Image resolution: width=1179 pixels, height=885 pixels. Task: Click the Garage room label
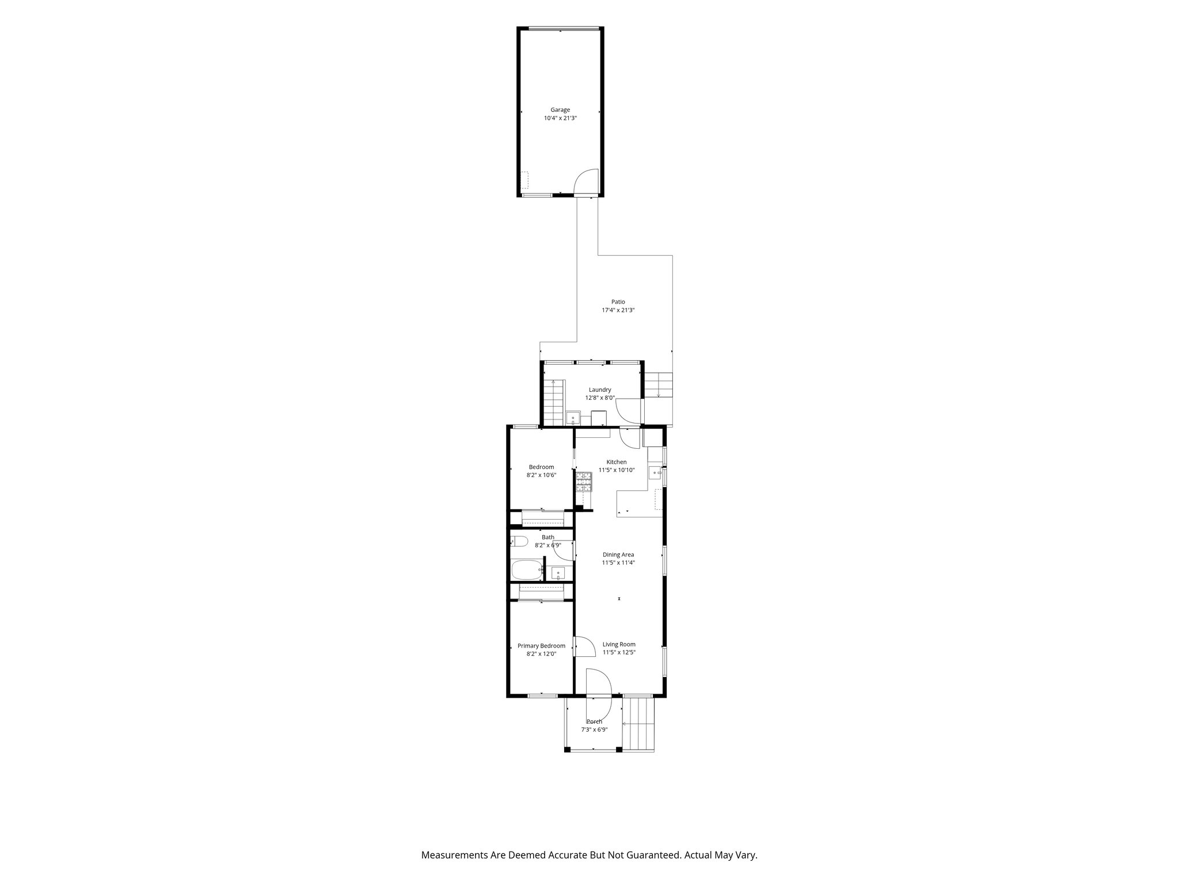(x=560, y=109)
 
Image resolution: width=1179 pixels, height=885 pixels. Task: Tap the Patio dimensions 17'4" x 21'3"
(x=618, y=310)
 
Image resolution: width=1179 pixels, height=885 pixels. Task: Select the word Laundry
(x=600, y=389)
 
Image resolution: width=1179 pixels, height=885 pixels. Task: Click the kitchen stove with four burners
(x=584, y=481)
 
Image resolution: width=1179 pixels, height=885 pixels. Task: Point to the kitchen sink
(x=656, y=473)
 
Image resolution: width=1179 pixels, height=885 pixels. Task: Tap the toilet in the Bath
(x=519, y=542)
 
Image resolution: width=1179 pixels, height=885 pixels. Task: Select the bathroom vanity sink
(x=557, y=573)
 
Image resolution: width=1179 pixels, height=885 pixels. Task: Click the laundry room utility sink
(x=573, y=418)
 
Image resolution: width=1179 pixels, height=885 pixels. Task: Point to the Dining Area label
(x=618, y=554)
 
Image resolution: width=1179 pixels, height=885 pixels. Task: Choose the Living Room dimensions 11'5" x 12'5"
(x=619, y=652)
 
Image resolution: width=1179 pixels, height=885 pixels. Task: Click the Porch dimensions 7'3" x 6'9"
(x=594, y=729)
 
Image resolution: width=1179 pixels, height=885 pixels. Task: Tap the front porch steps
(x=639, y=724)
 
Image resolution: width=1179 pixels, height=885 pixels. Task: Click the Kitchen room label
(x=617, y=462)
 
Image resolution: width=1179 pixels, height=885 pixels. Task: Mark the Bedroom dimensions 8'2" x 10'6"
(x=541, y=475)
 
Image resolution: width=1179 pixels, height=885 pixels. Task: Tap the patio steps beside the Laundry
(x=658, y=385)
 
